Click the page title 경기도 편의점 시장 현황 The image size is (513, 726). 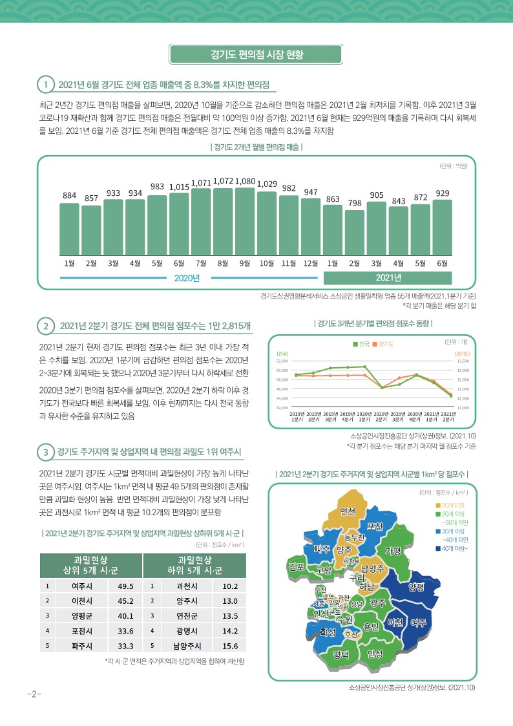(x=257, y=54)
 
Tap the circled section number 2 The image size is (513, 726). (x=45, y=325)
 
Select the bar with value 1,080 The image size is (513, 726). (x=245, y=220)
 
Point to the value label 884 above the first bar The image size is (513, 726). (x=69, y=195)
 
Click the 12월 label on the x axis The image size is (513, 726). (x=311, y=263)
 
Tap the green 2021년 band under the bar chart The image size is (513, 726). (x=388, y=278)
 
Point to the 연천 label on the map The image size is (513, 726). (x=348, y=512)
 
